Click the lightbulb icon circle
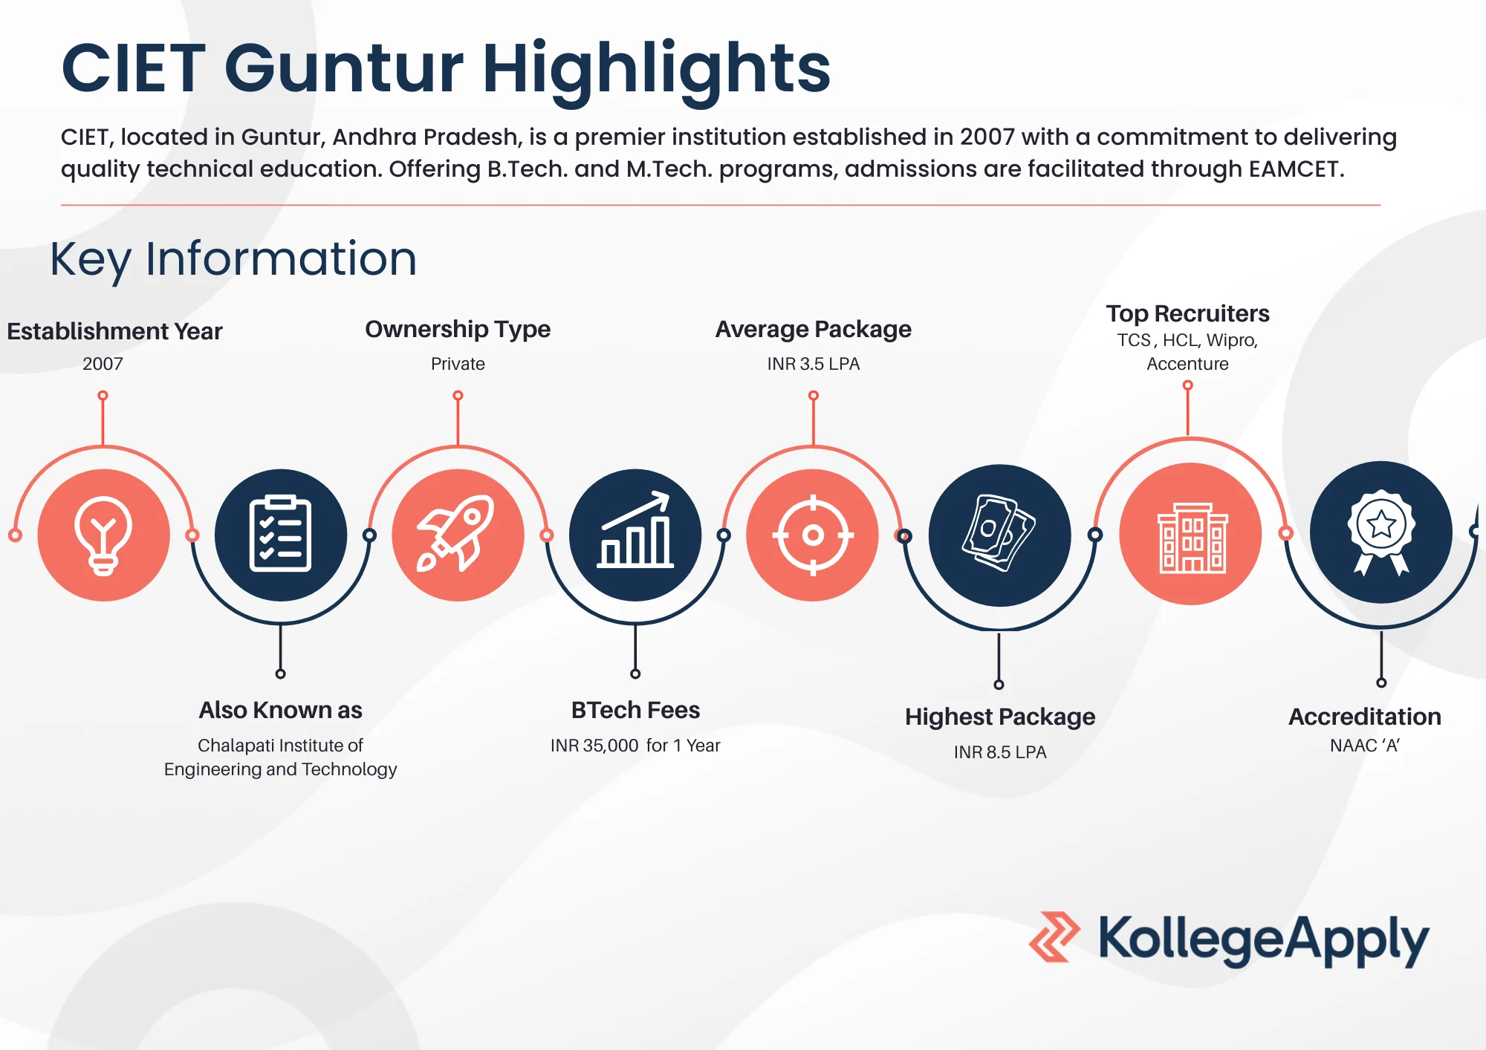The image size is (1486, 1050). (103, 535)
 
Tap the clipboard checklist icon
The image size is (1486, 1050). (280, 535)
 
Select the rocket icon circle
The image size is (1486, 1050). (458, 535)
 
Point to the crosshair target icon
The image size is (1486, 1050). (813, 535)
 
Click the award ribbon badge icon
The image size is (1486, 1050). (1380, 532)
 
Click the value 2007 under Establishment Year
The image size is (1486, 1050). (103, 364)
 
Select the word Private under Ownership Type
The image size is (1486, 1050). (458, 364)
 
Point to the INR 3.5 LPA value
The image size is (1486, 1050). (814, 364)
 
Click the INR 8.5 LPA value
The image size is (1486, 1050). (1000, 752)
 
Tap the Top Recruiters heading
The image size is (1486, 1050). (1187, 313)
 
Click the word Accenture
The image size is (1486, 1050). (1187, 364)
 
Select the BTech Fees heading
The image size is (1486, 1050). (635, 710)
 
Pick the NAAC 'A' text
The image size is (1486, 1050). (1365, 746)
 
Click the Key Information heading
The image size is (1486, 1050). (233, 259)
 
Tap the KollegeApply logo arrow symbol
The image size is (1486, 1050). (1054, 937)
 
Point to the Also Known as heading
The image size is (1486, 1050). (280, 710)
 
